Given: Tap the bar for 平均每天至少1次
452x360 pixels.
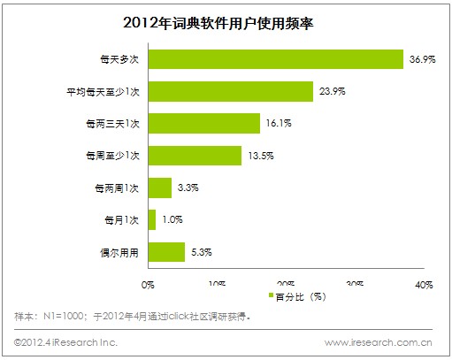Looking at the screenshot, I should [231, 92].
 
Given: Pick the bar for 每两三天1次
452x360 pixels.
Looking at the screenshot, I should [204, 124].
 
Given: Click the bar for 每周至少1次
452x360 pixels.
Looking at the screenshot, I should [195, 156].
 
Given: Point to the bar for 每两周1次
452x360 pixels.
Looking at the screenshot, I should [160, 188].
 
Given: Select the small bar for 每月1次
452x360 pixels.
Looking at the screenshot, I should [152, 219].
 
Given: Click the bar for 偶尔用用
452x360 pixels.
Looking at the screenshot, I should [166, 251].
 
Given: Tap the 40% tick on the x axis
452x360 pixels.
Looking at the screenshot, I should [423, 285].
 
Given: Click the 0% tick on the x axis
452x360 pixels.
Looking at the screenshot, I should [149, 285].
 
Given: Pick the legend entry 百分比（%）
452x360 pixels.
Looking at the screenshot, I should [294, 295].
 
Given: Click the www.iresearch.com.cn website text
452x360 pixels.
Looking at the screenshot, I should [378, 341].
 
